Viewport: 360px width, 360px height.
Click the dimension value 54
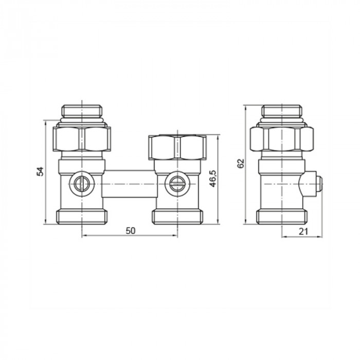pos(40,171)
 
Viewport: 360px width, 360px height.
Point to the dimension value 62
pos(240,164)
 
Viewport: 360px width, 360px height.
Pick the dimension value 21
pos(303,231)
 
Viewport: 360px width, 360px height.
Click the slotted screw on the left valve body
pos(81,182)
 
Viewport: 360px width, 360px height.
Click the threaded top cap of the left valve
pos(82,111)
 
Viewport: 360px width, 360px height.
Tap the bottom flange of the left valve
pos(82,216)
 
